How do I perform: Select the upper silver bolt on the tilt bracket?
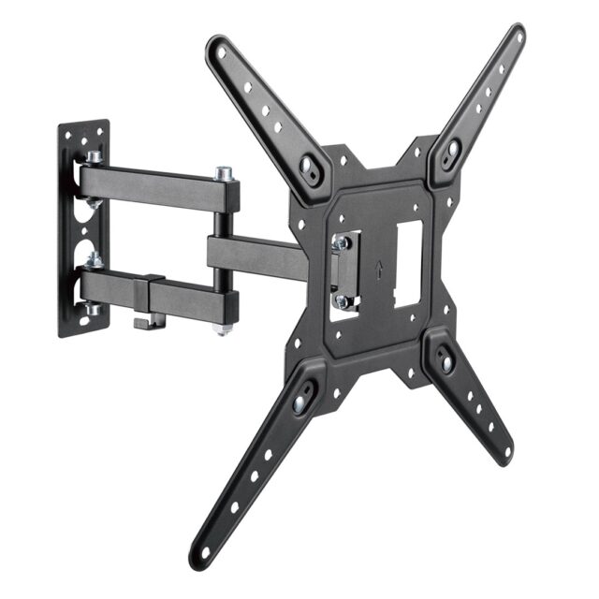[343, 242]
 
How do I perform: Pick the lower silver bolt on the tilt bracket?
[343, 301]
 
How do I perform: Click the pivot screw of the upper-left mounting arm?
[308, 167]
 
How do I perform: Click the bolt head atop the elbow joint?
[224, 173]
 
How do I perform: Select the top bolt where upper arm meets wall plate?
[94, 157]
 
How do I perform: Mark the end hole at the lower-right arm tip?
[506, 453]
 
